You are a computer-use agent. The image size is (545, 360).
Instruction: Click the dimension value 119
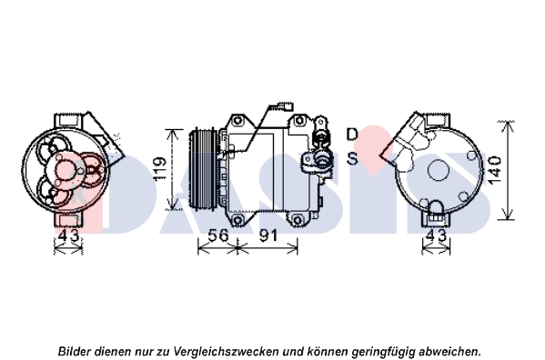click(x=160, y=169)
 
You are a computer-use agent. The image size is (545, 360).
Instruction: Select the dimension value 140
click(x=494, y=170)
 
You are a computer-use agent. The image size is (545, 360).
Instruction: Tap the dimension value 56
click(x=218, y=235)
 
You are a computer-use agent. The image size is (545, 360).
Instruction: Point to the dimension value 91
click(x=268, y=235)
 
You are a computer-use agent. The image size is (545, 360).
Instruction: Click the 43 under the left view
click(x=68, y=235)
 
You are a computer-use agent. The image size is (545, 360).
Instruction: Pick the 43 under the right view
click(x=436, y=235)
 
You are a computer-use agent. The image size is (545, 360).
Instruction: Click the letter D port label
click(x=352, y=134)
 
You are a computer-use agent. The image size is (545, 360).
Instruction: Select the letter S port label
click(x=352, y=158)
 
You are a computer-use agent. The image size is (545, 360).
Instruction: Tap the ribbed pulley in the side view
click(x=203, y=169)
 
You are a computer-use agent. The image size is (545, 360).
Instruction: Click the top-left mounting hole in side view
click(x=237, y=121)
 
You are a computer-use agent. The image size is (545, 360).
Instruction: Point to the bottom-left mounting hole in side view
click(x=237, y=220)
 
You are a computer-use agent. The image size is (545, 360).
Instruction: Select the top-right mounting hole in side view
click(x=298, y=121)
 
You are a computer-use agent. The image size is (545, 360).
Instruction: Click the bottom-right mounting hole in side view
click(x=298, y=220)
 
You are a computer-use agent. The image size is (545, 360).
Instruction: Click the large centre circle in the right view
click(x=439, y=170)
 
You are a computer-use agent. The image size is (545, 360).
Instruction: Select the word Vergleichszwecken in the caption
click(x=226, y=351)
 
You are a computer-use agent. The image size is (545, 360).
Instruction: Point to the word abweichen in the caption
click(x=449, y=351)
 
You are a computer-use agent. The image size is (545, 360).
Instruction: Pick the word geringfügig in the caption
click(x=381, y=352)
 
